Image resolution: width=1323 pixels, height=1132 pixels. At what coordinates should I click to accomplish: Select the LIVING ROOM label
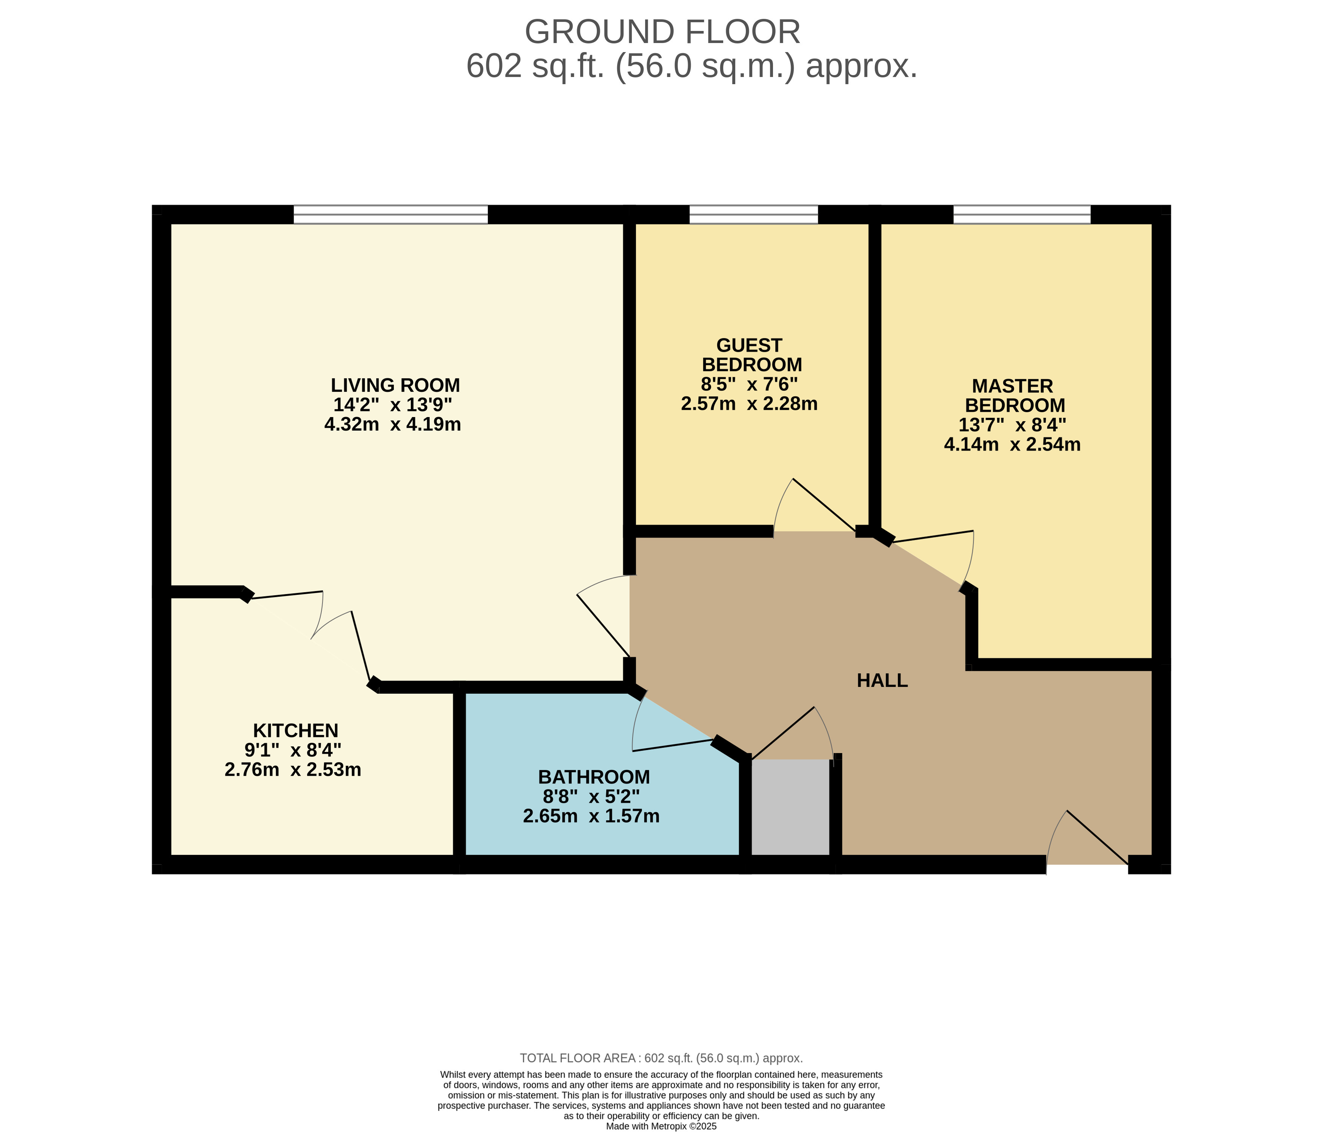point(395,385)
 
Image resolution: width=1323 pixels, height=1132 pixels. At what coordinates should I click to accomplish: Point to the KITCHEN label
point(296,730)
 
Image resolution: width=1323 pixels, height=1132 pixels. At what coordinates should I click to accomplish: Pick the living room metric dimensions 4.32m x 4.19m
point(393,424)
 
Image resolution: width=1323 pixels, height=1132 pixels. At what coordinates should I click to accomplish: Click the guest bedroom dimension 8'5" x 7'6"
point(749,384)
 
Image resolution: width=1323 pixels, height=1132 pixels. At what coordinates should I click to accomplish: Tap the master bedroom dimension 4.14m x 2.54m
point(1012,445)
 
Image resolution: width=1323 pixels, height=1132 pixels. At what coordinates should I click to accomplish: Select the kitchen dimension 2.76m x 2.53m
point(293,770)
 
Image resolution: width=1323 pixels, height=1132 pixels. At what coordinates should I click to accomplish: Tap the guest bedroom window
point(753,215)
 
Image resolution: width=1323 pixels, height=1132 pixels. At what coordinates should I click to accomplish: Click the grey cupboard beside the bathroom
point(790,807)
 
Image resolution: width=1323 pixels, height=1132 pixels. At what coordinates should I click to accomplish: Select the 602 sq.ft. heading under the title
point(691,66)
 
